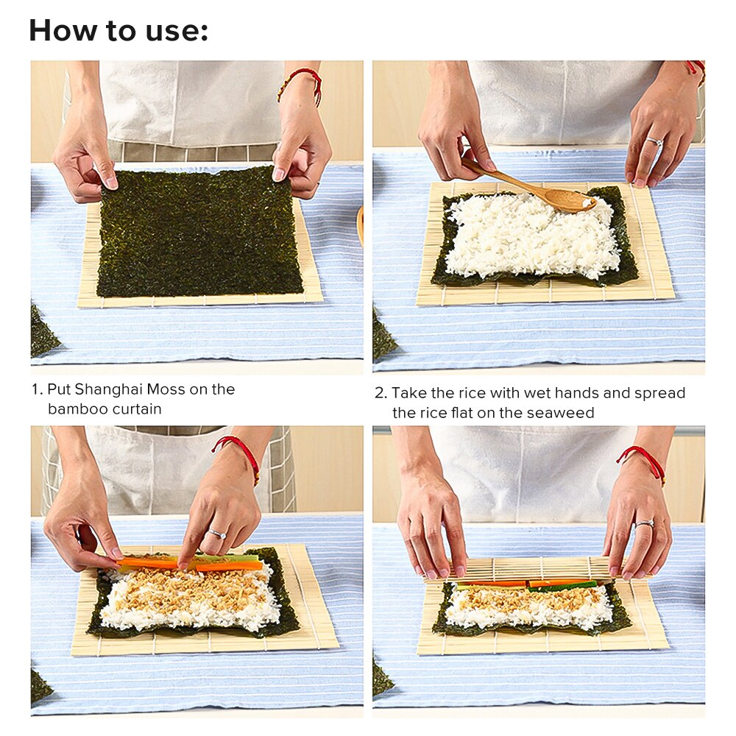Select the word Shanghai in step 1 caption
[107, 389]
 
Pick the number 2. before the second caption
[380, 393]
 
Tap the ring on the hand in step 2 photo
[654, 141]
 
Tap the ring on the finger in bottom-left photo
[216, 534]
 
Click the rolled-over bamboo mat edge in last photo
[523, 569]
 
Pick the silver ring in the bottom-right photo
[644, 523]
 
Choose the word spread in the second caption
[662, 393]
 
